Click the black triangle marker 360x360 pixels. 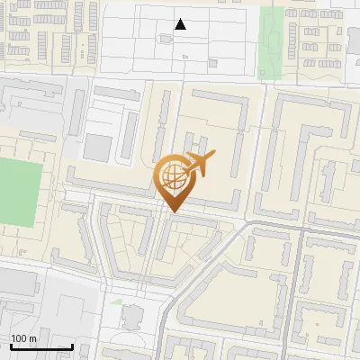pyautogui.click(x=181, y=24)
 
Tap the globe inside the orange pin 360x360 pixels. pyautogui.click(x=172, y=176)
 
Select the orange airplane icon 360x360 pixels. pyautogui.click(x=201, y=164)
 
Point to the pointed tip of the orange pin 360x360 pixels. pyautogui.click(x=172, y=211)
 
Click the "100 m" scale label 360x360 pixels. pyautogui.click(x=23, y=338)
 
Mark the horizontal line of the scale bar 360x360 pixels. pyautogui.click(x=41, y=346)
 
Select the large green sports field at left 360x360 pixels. pyautogui.click(x=16, y=192)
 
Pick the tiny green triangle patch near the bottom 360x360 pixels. pyautogui.click(x=116, y=301)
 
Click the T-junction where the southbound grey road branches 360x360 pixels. pyautogui.click(x=302, y=230)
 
